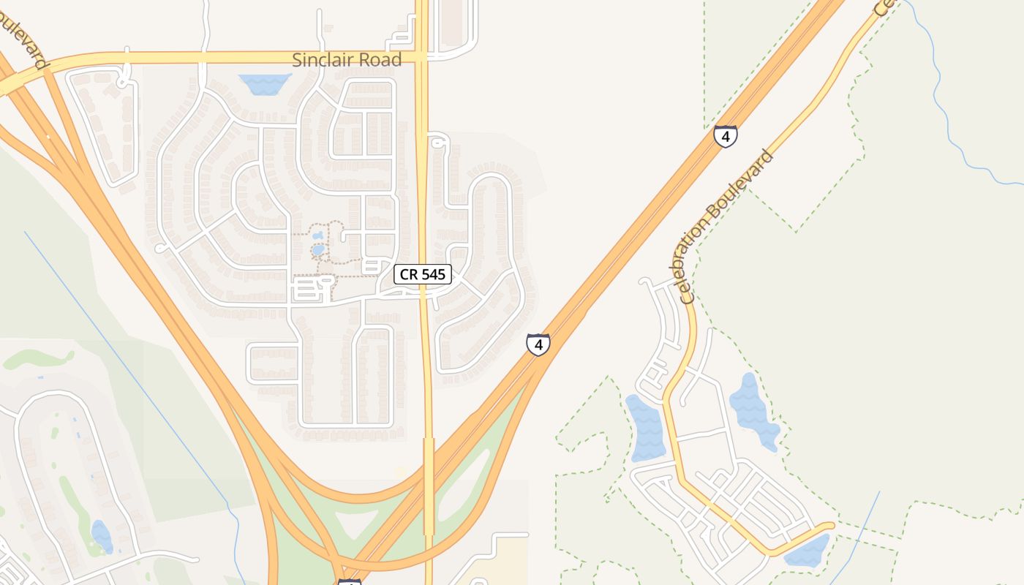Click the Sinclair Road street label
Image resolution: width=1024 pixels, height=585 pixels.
(x=347, y=60)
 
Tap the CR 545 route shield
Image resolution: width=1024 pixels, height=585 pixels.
(x=423, y=274)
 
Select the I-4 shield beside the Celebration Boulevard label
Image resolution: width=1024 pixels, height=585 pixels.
(x=725, y=136)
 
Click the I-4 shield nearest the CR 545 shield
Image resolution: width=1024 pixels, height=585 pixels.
(x=538, y=344)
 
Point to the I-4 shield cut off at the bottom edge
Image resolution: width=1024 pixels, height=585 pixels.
(x=350, y=582)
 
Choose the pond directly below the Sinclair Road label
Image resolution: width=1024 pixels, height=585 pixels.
(x=265, y=84)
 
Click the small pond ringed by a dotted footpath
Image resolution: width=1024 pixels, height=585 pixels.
(x=317, y=249)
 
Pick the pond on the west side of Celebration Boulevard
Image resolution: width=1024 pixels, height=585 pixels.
(x=645, y=428)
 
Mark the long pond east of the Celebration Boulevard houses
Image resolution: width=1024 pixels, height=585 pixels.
(x=753, y=409)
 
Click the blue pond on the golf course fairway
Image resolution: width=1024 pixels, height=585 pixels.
(x=102, y=536)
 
